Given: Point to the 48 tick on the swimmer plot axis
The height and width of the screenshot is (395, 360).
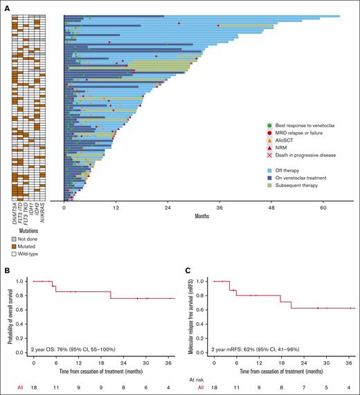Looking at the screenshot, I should pos(271,207).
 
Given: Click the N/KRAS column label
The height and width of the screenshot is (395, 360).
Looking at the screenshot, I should pos(47,210).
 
